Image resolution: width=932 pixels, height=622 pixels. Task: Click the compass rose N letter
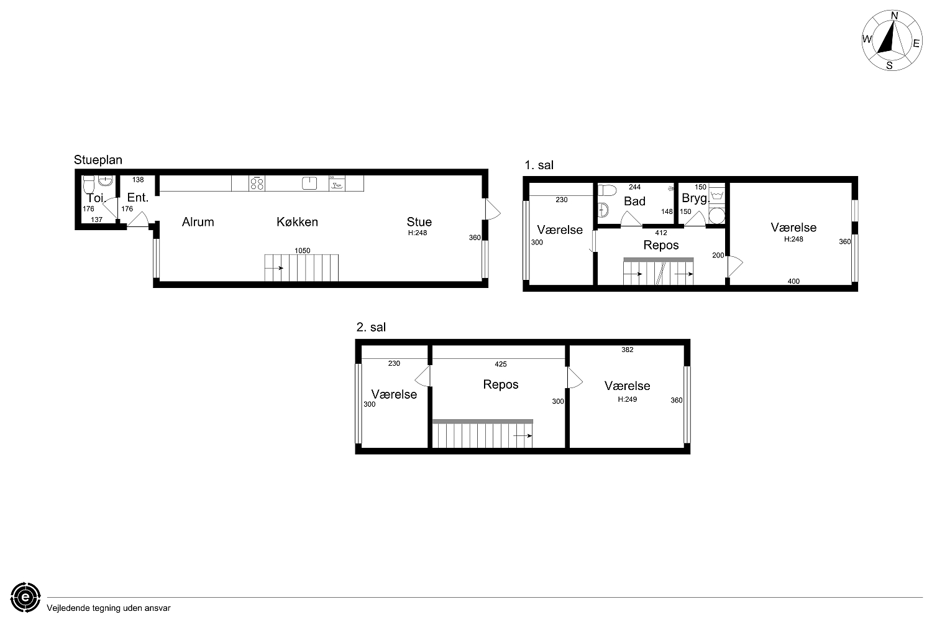tap(894, 16)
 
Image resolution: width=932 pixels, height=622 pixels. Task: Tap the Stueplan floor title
tap(98, 160)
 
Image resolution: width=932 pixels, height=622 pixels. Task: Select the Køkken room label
tap(297, 221)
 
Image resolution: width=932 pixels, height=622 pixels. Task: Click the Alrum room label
tap(198, 221)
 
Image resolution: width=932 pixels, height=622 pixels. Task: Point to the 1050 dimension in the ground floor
tap(303, 251)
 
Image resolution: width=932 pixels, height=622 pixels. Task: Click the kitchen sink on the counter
tap(309, 183)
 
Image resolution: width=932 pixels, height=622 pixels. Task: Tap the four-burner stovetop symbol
tap(257, 183)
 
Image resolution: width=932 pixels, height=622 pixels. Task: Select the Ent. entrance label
tap(138, 197)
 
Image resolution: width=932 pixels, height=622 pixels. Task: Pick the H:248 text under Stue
tap(418, 233)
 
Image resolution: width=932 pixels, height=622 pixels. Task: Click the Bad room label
tap(634, 202)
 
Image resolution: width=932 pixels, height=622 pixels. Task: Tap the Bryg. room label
tap(695, 198)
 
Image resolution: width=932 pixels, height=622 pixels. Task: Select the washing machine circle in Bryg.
tap(717, 216)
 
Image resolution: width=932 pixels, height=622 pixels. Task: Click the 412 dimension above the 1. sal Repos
tap(661, 233)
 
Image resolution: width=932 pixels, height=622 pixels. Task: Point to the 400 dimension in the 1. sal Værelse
tap(793, 281)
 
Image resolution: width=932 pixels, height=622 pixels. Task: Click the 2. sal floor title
tap(371, 327)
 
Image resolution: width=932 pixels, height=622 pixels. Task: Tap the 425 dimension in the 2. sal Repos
tap(501, 364)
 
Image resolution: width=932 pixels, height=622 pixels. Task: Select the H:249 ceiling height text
tap(628, 399)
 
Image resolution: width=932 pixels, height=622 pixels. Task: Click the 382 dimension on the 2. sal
tap(628, 350)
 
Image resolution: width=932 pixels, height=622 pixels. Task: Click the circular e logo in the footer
tap(25, 597)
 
